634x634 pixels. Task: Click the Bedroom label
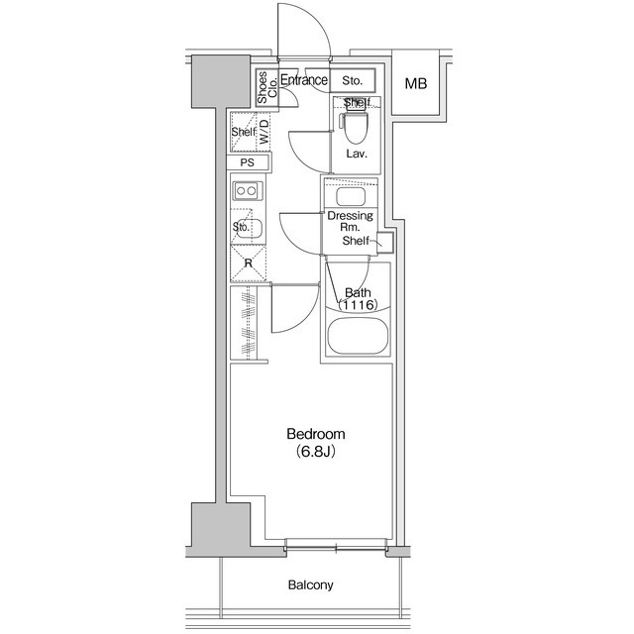316,434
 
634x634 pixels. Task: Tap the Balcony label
310,585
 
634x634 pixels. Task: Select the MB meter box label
416,83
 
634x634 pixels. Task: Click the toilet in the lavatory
355,127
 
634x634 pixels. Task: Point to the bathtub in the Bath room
358,336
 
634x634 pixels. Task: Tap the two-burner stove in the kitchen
247,190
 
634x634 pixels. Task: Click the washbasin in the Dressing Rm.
351,196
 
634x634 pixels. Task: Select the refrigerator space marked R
249,264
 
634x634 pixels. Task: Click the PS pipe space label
248,162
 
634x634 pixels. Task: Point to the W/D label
264,132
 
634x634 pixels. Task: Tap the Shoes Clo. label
267,88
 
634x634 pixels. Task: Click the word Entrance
304,80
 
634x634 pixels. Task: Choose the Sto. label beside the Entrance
353,81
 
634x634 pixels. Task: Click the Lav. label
357,154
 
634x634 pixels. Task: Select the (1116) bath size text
359,304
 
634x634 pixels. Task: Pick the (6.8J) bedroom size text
316,451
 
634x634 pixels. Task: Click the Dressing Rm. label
350,221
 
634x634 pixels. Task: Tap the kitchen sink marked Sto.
247,228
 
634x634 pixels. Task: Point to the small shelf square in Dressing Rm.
385,243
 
